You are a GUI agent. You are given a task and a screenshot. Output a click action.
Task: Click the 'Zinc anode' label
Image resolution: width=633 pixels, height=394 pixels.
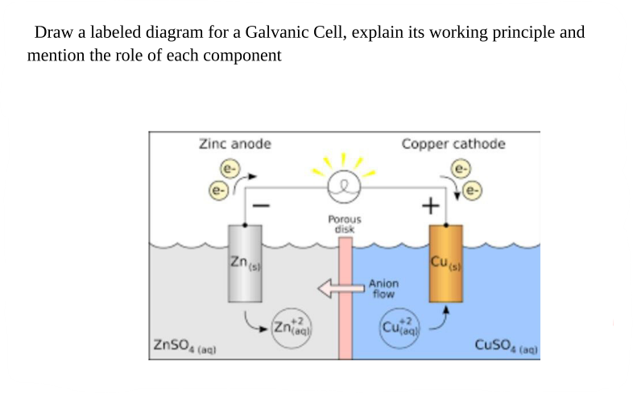coord(234,144)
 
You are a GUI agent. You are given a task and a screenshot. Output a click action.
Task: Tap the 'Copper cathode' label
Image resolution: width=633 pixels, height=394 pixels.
coord(453,144)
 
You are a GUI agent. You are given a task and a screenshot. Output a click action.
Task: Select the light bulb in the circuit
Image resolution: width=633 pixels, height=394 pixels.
coord(345,186)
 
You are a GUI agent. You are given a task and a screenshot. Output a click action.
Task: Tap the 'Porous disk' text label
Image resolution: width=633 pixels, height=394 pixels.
coord(345,223)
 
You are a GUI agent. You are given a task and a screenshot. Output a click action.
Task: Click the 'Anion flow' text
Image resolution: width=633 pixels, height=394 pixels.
coord(383,288)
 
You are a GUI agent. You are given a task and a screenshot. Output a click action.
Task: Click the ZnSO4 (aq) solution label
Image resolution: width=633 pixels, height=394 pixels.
coord(184,347)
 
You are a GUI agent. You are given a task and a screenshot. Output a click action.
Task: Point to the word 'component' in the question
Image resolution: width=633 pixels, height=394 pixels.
coord(241,56)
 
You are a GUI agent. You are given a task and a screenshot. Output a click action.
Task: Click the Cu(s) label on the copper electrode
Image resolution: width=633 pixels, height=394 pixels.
coord(445,262)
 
